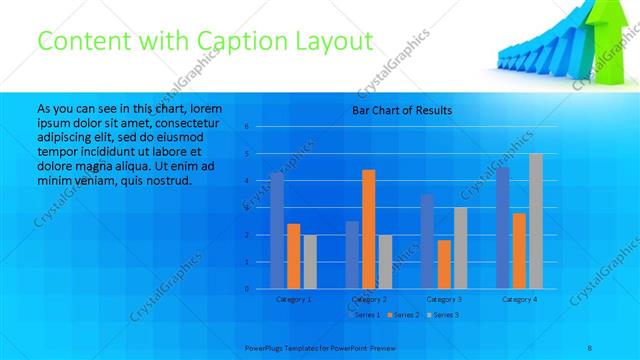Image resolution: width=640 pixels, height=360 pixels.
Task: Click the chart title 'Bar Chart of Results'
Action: pyautogui.click(x=403, y=110)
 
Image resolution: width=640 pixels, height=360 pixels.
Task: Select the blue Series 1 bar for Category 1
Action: pyautogui.click(x=277, y=230)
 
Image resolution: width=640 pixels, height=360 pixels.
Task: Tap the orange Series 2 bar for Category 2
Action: pyautogui.click(x=368, y=229)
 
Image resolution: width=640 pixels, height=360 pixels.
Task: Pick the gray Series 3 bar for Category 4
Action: pyautogui.click(x=535, y=221)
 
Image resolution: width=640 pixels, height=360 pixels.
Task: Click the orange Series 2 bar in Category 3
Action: pyautogui.click(x=443, y=264)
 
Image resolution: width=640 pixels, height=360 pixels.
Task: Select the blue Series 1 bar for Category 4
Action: pyautogui.click(x=502, y=227)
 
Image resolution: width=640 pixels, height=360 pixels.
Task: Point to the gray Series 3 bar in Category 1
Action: pyautogui.click(x=310, y=261)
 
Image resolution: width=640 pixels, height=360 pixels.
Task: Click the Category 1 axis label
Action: pyautogui.click(x=293, y=299)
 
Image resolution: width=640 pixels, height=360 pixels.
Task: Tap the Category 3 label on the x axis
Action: pyautogui.click(x=443, y=299)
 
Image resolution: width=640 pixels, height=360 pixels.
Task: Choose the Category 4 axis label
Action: pyautogui.click(x=519, y=299)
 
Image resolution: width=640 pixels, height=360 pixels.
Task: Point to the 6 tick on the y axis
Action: pyautogui.click(x=246, y=127)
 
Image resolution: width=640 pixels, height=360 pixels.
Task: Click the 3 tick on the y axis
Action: pyautogui.click(x=246, y=208)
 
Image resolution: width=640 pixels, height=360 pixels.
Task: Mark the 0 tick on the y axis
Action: pyautogui.click(x=246, y=289)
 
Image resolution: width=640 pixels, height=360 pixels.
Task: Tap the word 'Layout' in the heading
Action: pyautogui.click(x=329, y=41)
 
